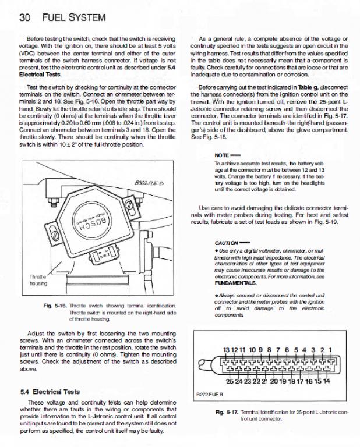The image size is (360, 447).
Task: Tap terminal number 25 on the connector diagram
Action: point(230,381)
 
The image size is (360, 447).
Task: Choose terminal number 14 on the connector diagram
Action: point(327,381)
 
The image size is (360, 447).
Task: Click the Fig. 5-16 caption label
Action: point(54,305)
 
